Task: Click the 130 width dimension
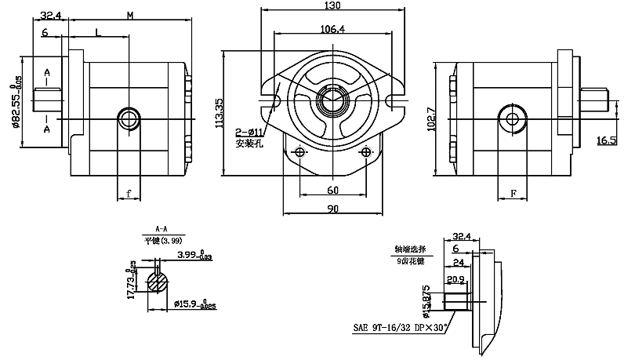coord(332,6)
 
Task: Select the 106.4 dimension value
coord(332,30)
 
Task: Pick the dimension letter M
coord(129,15)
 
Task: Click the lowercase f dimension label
coord(128,193)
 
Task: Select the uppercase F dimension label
coord(513,193)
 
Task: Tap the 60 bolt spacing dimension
coord(332,191)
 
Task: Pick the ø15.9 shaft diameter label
coord(190,303)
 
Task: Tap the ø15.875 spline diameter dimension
coord(428,301)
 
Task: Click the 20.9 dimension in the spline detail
coord(455,280)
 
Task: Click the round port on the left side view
coord(128,118)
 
